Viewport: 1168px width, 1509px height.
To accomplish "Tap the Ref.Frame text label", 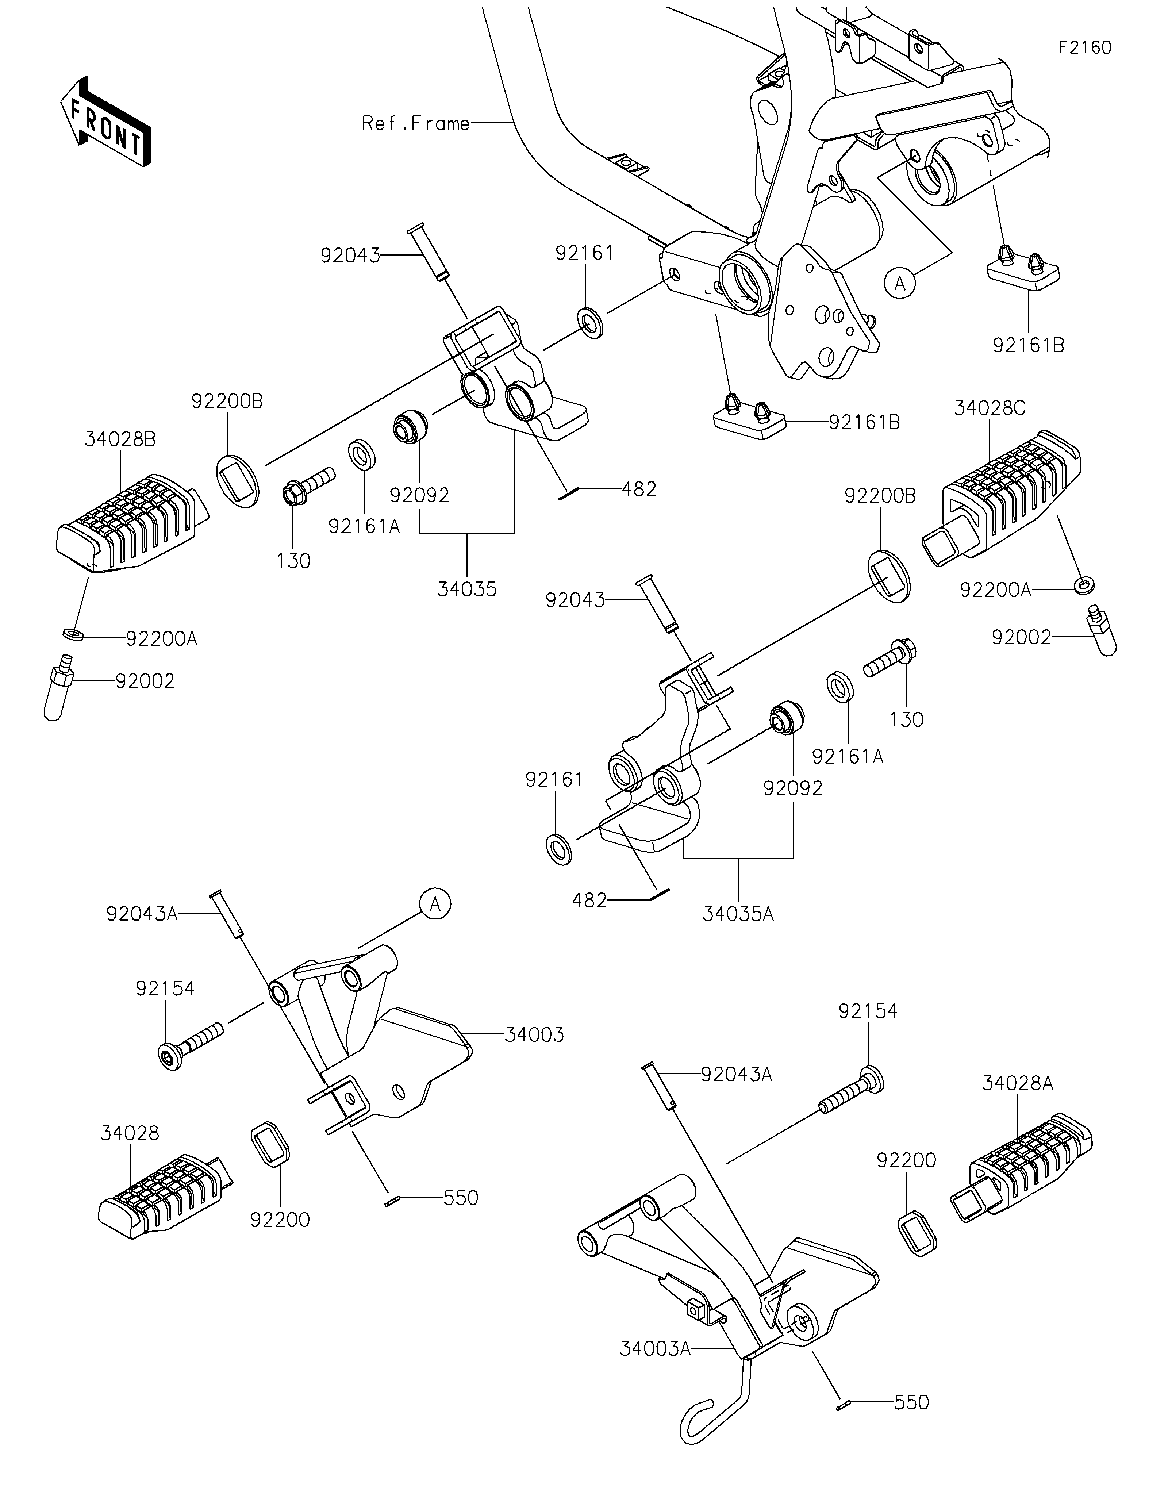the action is tap(416, 124).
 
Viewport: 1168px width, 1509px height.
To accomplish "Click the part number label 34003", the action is tap(535, 1054).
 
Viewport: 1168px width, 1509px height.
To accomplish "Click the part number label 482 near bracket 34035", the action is tap(639, 489).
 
